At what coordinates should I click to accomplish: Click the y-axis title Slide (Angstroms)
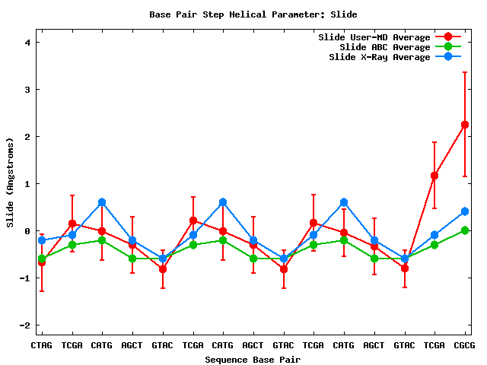11,182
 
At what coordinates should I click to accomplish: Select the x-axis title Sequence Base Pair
253,359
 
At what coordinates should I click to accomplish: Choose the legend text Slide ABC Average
385,47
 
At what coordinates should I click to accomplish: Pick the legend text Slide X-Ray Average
380,57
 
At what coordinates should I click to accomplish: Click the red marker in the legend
448,37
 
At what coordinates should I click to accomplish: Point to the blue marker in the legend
448,57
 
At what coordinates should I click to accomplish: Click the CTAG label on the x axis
42,346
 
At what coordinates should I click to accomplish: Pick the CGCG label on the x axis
464,346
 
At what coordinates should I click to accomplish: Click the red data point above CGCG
464,125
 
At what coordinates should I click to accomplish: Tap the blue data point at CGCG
464,211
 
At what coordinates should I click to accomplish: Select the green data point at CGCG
464,230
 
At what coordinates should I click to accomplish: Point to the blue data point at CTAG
42,240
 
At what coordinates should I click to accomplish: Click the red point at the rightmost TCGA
434,176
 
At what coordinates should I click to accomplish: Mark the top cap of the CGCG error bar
464,72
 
